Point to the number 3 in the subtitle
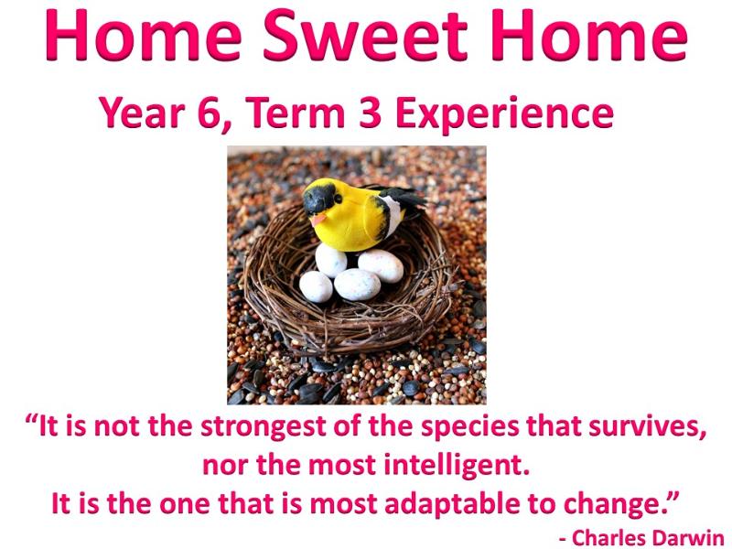pyautogui.click(x=371, y=113)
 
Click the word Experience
pyautogui.click(x=504, y=115)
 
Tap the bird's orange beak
pyautogui.click(x=318, y=220)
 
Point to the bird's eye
pyautogui.click(x=338, y=198)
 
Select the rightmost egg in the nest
pyautogui.click(x=381, y=265)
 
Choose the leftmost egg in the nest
pyautogui.click(x=316, y=286)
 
